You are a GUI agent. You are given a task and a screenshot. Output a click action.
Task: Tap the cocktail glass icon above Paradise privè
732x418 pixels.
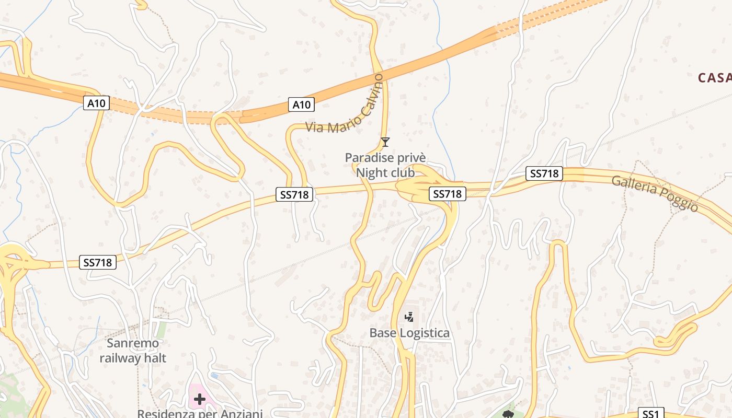pyautogui.click(x=385, y=142)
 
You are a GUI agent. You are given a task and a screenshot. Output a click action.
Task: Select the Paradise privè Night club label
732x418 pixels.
pyautogui.click(x=385, y=165)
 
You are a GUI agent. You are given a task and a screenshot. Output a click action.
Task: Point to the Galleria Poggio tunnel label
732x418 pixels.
pyautogui.click(x=655, y=193)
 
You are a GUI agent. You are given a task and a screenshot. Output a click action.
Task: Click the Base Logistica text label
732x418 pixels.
pyautogui.click(x=409, y=333)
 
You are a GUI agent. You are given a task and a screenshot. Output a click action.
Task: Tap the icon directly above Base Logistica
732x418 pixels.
pyautogui.click(x=409, y=317)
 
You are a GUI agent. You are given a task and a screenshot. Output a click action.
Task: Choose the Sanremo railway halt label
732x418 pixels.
pyautogui.click(x=133, y=351)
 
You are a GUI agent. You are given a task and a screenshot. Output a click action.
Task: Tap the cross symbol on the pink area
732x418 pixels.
pyautogui.click(x=199, y=400)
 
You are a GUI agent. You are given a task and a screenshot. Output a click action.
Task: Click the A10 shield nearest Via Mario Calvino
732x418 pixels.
pyautogui.click(x=301, y=104)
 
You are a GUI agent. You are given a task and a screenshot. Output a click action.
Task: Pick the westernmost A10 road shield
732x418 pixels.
pyautogui.click(x=96, y=103)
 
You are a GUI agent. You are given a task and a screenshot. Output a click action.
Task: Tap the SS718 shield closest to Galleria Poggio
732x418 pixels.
pyautogui.click(x=544, y=173)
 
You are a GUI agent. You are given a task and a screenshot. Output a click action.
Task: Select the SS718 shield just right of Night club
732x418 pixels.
pyautogui.click(x=448, y=194)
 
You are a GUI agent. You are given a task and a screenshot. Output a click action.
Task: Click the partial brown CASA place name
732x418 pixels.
pyautogui.click(x=714, y=78)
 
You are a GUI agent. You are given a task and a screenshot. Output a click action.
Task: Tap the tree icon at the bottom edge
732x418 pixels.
pyautogui.click(x=508, y=414)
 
